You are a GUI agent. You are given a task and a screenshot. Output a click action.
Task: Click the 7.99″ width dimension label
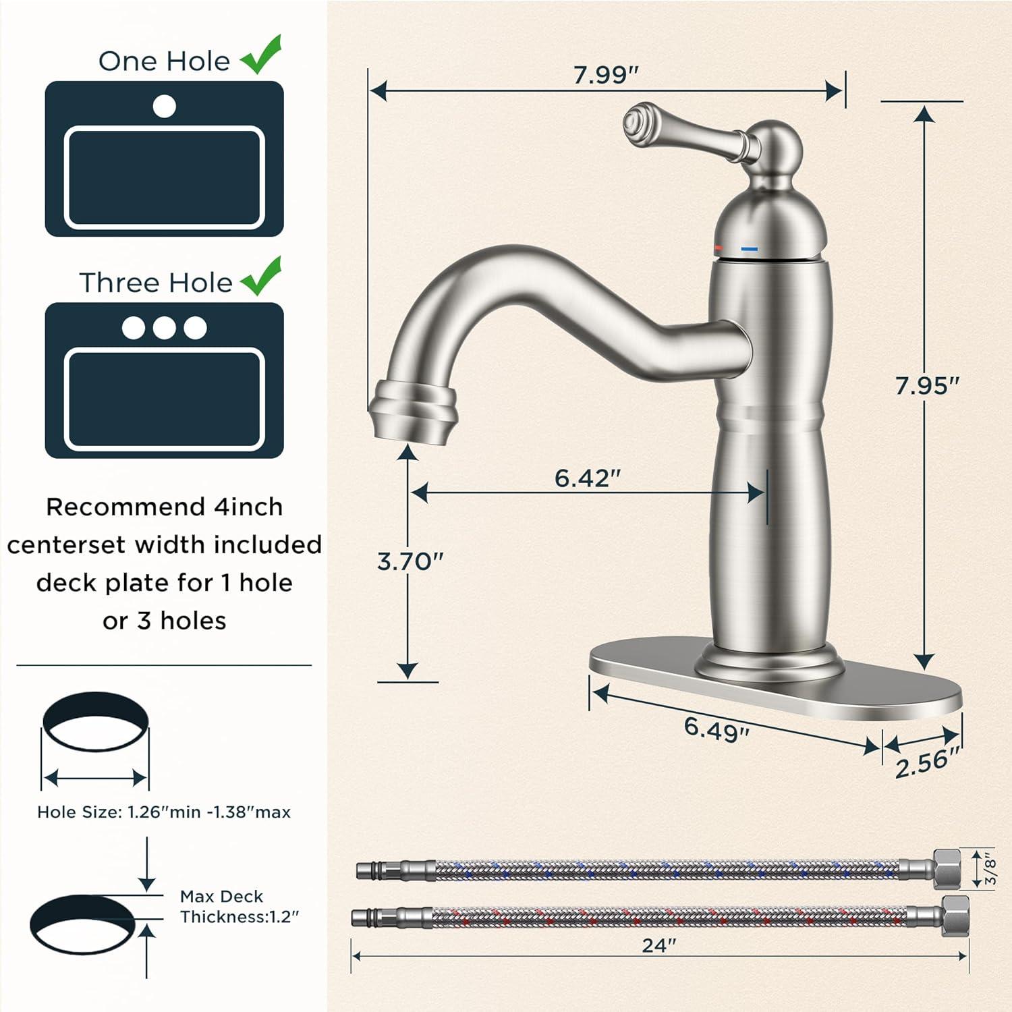pos(605,74)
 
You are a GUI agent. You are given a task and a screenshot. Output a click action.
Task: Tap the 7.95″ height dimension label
pos(927,385)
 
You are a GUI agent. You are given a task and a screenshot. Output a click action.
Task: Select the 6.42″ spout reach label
pos(587,478)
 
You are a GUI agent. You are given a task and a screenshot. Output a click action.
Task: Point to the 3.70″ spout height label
pos(410,561)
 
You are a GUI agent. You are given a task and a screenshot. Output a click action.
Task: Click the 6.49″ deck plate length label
pos(716,729)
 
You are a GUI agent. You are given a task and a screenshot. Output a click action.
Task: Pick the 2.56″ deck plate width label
pos(927,763)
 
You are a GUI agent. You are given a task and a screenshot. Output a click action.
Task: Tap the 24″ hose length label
pos(658,945)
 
